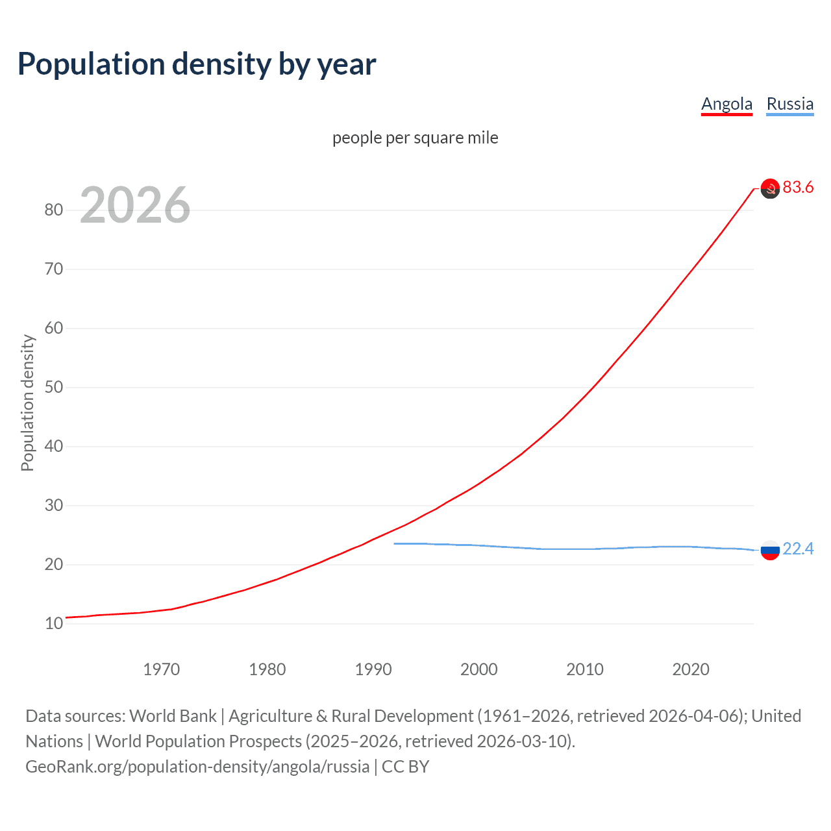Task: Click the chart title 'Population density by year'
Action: [197, 64]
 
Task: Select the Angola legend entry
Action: [726, 104]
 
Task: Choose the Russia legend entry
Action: [789, 104]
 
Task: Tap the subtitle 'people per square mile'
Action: [415, 138]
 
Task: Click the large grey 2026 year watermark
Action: [135, 205]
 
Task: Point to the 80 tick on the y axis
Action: [54, 210]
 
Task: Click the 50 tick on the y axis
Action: [54, 387]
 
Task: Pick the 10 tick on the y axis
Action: [54, 623]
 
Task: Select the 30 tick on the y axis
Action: [54, 505]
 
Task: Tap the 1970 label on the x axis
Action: [161, 669]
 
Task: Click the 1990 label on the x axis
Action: [373, 669]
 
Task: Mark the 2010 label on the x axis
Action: [585, 669]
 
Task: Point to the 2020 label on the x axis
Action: [691, 669]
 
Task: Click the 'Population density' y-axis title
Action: [27, 403]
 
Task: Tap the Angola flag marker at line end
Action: [770, 188]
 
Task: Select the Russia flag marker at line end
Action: [770, 550]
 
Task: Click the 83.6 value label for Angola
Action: [798, 188]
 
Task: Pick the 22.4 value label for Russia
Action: [798, 549]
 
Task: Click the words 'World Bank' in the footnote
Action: [173, 716]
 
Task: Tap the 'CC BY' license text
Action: [405, 767]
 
